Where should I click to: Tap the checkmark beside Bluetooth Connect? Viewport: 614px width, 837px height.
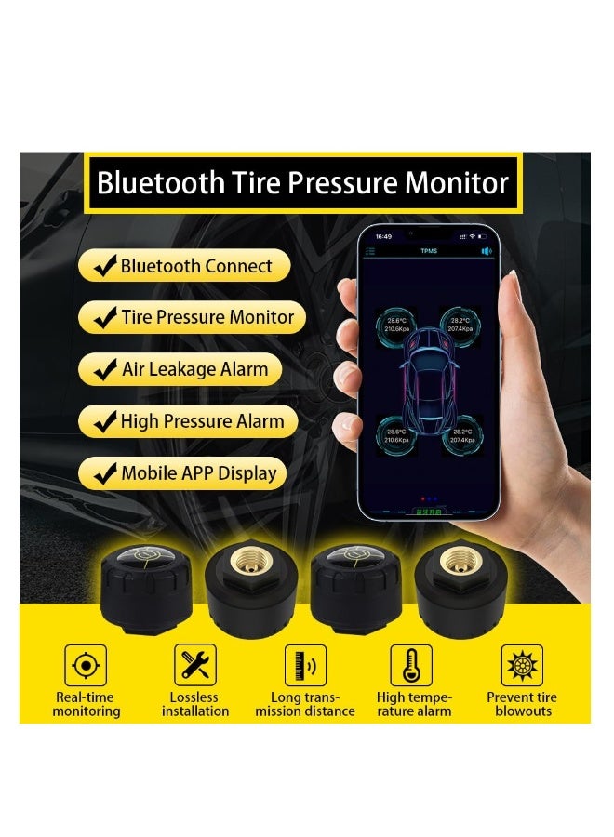pyautogui.click(x=104, y=266)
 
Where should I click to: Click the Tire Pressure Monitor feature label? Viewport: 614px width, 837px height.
pyautogui.click(x=207, y=317)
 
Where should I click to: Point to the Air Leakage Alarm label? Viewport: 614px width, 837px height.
pyautogui.click(x=194, y=369)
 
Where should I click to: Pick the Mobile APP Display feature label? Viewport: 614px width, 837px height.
pyautogui.click(x=198, y=473)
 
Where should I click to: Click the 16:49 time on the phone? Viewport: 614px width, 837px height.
pyautogui.click(x=383, y=237)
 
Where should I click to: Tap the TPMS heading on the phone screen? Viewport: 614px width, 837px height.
pyautogui.click(x=429, y=251)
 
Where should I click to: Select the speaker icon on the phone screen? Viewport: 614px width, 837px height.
pyautogui.click(x=485, y=251)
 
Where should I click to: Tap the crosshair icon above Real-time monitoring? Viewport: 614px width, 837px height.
pyautogui.click(x=85, y=665)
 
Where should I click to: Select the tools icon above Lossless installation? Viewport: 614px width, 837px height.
pyautogui.click(x=194, y=665)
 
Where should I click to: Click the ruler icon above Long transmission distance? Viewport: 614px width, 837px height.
pyautogui.click(x=304, y=665)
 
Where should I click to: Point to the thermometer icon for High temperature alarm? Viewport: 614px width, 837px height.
pyautogui.click(x=412, y=665)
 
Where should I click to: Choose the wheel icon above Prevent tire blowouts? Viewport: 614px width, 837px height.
pyautogui.click(x=522, y=665)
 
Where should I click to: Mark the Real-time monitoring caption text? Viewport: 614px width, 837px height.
pyautogui.click(x=86, y=704)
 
